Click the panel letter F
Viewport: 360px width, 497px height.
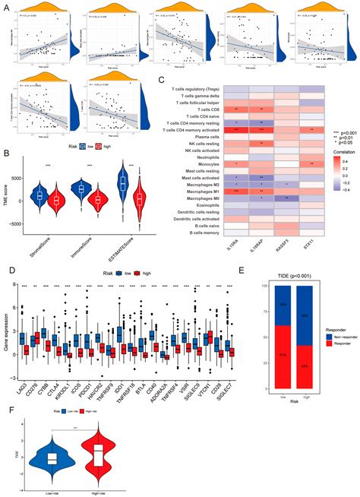tap(6, 407)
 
